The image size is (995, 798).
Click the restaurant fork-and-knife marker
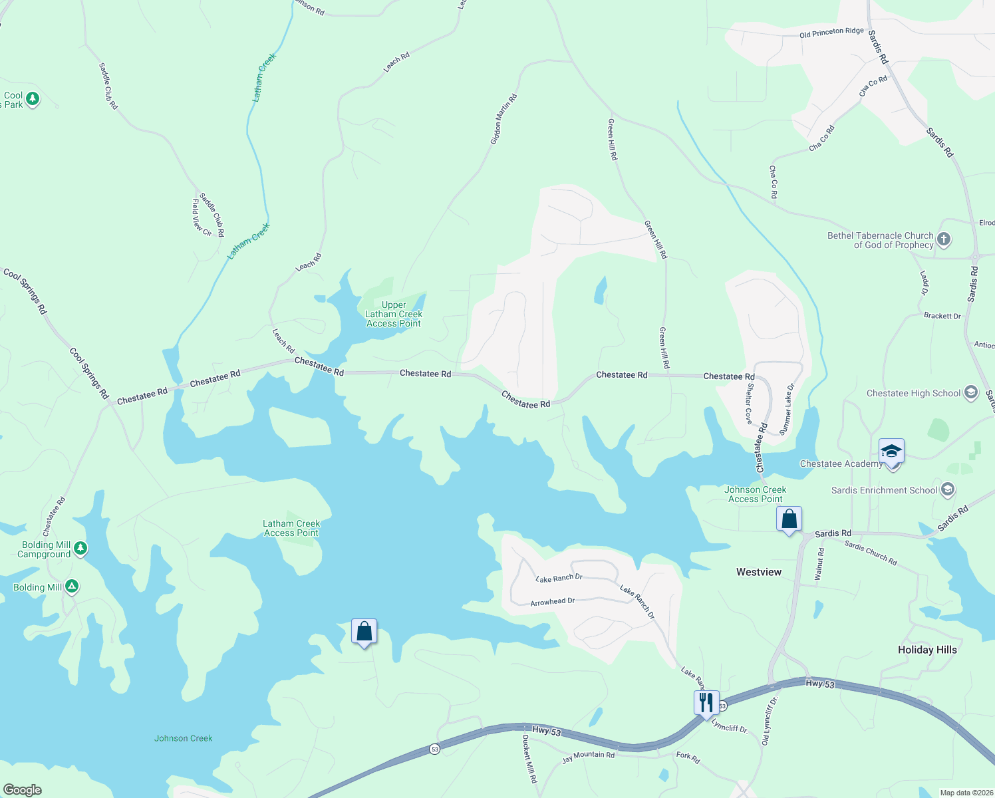click(706, 703)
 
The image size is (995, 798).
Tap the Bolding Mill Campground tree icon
click(80, 549)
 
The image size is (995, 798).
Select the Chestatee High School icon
click(970, 393)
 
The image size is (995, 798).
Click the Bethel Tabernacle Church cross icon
click(943, 239)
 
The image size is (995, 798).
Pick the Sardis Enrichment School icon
click(948, 490)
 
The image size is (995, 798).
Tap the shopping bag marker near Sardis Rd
click(789, 519)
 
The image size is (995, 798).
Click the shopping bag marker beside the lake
click(364, 632)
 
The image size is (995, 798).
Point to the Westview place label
click(759, 572)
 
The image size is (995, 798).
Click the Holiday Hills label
click(927, 650)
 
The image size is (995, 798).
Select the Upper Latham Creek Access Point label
click(394, 315)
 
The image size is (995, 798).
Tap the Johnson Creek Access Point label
click(756, 494)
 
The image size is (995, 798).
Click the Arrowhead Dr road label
click(553, 602)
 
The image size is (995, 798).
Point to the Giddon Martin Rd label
click(503, 119)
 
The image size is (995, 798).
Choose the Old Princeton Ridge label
click(831, 33)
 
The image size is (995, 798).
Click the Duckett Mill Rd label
click(529, 759)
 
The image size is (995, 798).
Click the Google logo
click(23, 790)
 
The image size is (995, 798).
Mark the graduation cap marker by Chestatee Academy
click(891, 452)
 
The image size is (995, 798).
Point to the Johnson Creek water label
click(184, 738)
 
